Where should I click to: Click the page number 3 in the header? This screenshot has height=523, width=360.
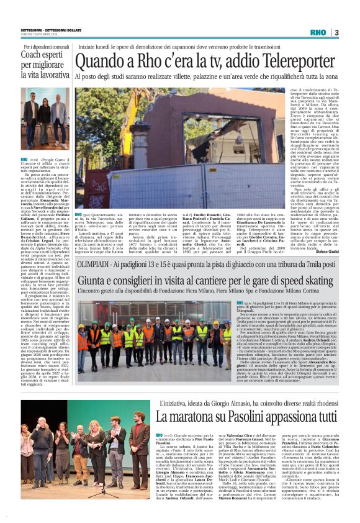click(336, 32)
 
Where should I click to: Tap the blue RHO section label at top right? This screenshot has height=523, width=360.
click(318, 32)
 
